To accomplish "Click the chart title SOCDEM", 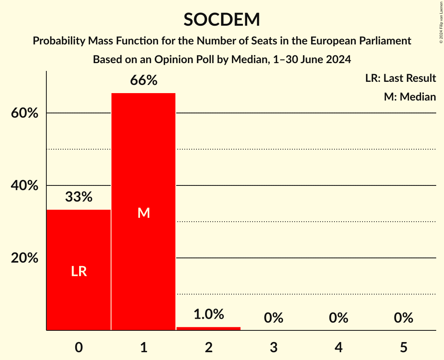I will [222, 19].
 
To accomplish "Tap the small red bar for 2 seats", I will [209, 328].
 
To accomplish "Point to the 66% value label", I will [143, 81].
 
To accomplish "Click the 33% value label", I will [79, 197].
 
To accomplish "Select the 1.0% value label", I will [209, 314].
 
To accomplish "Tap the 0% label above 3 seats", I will [273, 318].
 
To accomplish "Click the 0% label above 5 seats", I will [403, 318].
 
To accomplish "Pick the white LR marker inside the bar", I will [79, 272].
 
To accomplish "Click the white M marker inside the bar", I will [143, 213].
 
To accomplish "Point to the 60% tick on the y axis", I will [25, 113].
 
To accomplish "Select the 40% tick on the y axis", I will [25, 186].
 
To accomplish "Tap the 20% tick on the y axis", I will [25, 258].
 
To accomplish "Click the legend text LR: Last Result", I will [400, 78].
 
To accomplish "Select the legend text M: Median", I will [410, 97].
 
